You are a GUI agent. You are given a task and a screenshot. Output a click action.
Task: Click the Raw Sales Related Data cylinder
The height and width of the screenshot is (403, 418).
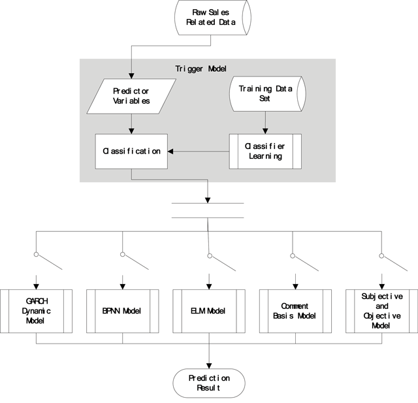pos(213,18)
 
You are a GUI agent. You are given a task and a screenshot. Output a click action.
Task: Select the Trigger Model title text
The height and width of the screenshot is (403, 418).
pos(201,69)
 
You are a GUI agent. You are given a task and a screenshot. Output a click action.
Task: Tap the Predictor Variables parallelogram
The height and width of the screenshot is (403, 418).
pos(131,96)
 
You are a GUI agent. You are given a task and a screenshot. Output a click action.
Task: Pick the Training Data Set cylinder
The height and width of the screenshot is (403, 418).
pos(268,94)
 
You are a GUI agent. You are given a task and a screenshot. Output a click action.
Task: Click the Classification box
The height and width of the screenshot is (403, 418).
pos(131,152)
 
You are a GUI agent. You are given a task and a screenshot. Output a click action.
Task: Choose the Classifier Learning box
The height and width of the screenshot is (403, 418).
pos(265,152)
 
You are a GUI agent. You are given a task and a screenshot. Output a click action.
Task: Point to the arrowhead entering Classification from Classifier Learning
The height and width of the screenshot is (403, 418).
pos(170,152)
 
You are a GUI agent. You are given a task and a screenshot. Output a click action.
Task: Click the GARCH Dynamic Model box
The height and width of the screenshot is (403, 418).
pos(37,311)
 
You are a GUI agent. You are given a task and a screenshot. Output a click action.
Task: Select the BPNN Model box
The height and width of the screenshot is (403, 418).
pos(123,311)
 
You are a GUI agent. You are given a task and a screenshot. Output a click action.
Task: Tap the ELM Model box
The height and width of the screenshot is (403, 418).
pos(209,311)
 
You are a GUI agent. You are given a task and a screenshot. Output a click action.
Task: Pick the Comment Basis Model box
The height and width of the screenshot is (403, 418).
pos(295,311)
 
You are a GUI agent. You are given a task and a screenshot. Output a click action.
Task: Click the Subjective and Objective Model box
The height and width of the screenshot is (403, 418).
pos(381,311)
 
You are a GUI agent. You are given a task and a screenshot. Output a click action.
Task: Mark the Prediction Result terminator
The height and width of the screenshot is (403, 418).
pos(209,383)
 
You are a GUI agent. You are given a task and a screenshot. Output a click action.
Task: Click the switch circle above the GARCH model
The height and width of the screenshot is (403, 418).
pos(37,255)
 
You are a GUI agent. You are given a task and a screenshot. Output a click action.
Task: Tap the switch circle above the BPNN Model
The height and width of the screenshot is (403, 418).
pos(123,254)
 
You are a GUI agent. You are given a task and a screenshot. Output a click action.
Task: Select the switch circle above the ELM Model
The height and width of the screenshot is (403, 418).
pos(210,256)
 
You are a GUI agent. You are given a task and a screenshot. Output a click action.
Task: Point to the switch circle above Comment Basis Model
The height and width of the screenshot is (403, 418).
pos(293,256)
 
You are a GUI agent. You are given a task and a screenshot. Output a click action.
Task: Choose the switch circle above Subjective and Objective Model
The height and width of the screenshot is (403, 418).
pos(381,256)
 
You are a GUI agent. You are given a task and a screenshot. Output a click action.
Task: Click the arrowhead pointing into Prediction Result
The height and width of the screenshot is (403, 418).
pos(209,366)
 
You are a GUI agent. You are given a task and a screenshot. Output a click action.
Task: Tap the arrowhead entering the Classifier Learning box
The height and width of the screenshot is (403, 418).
pos(265,131)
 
